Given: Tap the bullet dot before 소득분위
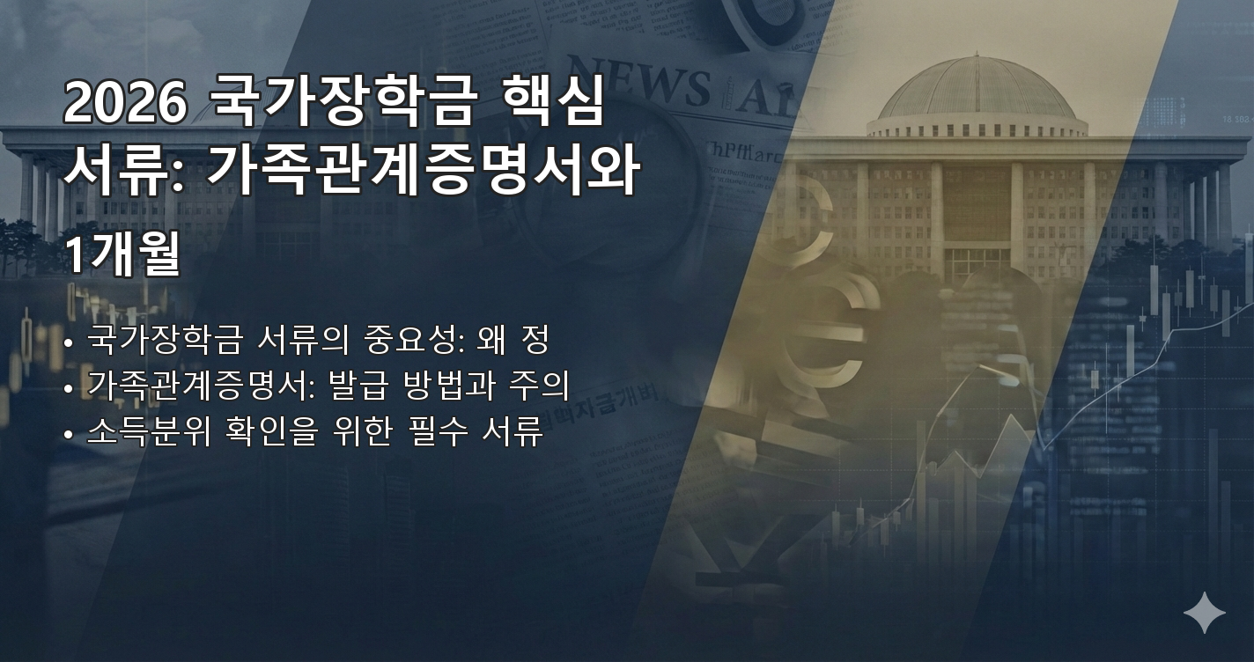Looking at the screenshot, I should (69, 435).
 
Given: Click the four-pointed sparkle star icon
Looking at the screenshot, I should (1204, 613).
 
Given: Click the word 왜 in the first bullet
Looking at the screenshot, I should (493, 340).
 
